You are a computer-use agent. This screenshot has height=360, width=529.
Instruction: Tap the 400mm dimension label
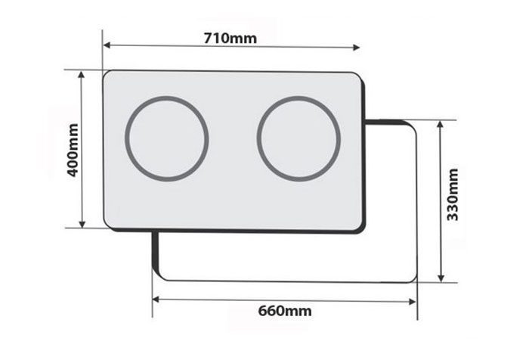click(x=73, y=150)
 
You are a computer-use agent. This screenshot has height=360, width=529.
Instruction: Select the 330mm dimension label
click(x=453, y=194)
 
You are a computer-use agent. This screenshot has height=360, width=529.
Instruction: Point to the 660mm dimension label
click(x=284, y=311)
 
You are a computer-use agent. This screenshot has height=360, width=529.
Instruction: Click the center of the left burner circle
click(x=166, y=138)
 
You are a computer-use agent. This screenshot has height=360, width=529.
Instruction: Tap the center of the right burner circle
click(x=299, y=138)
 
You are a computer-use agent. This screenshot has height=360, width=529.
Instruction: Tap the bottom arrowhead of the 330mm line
click(x=440, y=278)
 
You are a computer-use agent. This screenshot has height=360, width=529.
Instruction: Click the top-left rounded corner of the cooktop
click(x=107, y=74)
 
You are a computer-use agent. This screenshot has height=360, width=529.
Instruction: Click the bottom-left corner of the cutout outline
click(x=158, y=276)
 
